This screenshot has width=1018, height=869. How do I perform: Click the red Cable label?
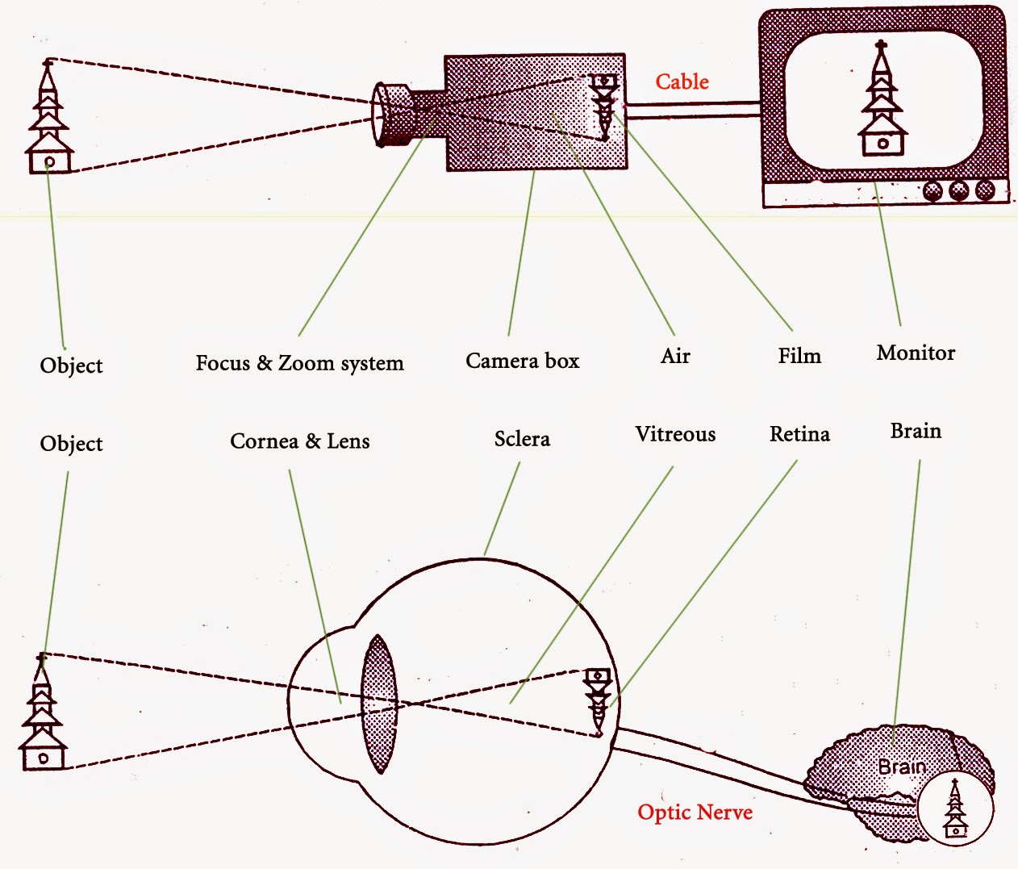(682, 81)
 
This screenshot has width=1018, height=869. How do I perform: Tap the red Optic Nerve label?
(695, 812)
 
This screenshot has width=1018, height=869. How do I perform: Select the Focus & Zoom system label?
(299, 363)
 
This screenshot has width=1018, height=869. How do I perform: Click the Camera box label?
(522, 361)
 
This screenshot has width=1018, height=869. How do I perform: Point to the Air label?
(675, 356)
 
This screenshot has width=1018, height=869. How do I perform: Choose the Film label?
(799, 356)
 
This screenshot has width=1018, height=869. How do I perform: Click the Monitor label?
(916, 353)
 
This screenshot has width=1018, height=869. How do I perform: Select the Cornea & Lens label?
(299, 441)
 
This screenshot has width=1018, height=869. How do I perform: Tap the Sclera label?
(522, 439)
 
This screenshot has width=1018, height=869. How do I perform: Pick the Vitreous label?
(675, 434)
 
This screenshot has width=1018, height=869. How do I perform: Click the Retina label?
(799, 434)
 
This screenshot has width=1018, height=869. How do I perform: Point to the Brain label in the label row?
(916, 431)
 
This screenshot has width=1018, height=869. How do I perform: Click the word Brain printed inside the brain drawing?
(901, 767)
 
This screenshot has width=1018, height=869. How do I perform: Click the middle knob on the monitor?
(958, 191)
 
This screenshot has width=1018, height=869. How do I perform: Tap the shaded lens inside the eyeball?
(379, 704)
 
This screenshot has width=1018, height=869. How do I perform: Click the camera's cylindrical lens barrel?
(394, 114)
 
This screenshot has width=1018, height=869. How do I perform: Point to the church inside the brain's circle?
(955, 808)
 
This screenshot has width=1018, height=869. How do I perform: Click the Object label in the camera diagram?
(71, 366)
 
